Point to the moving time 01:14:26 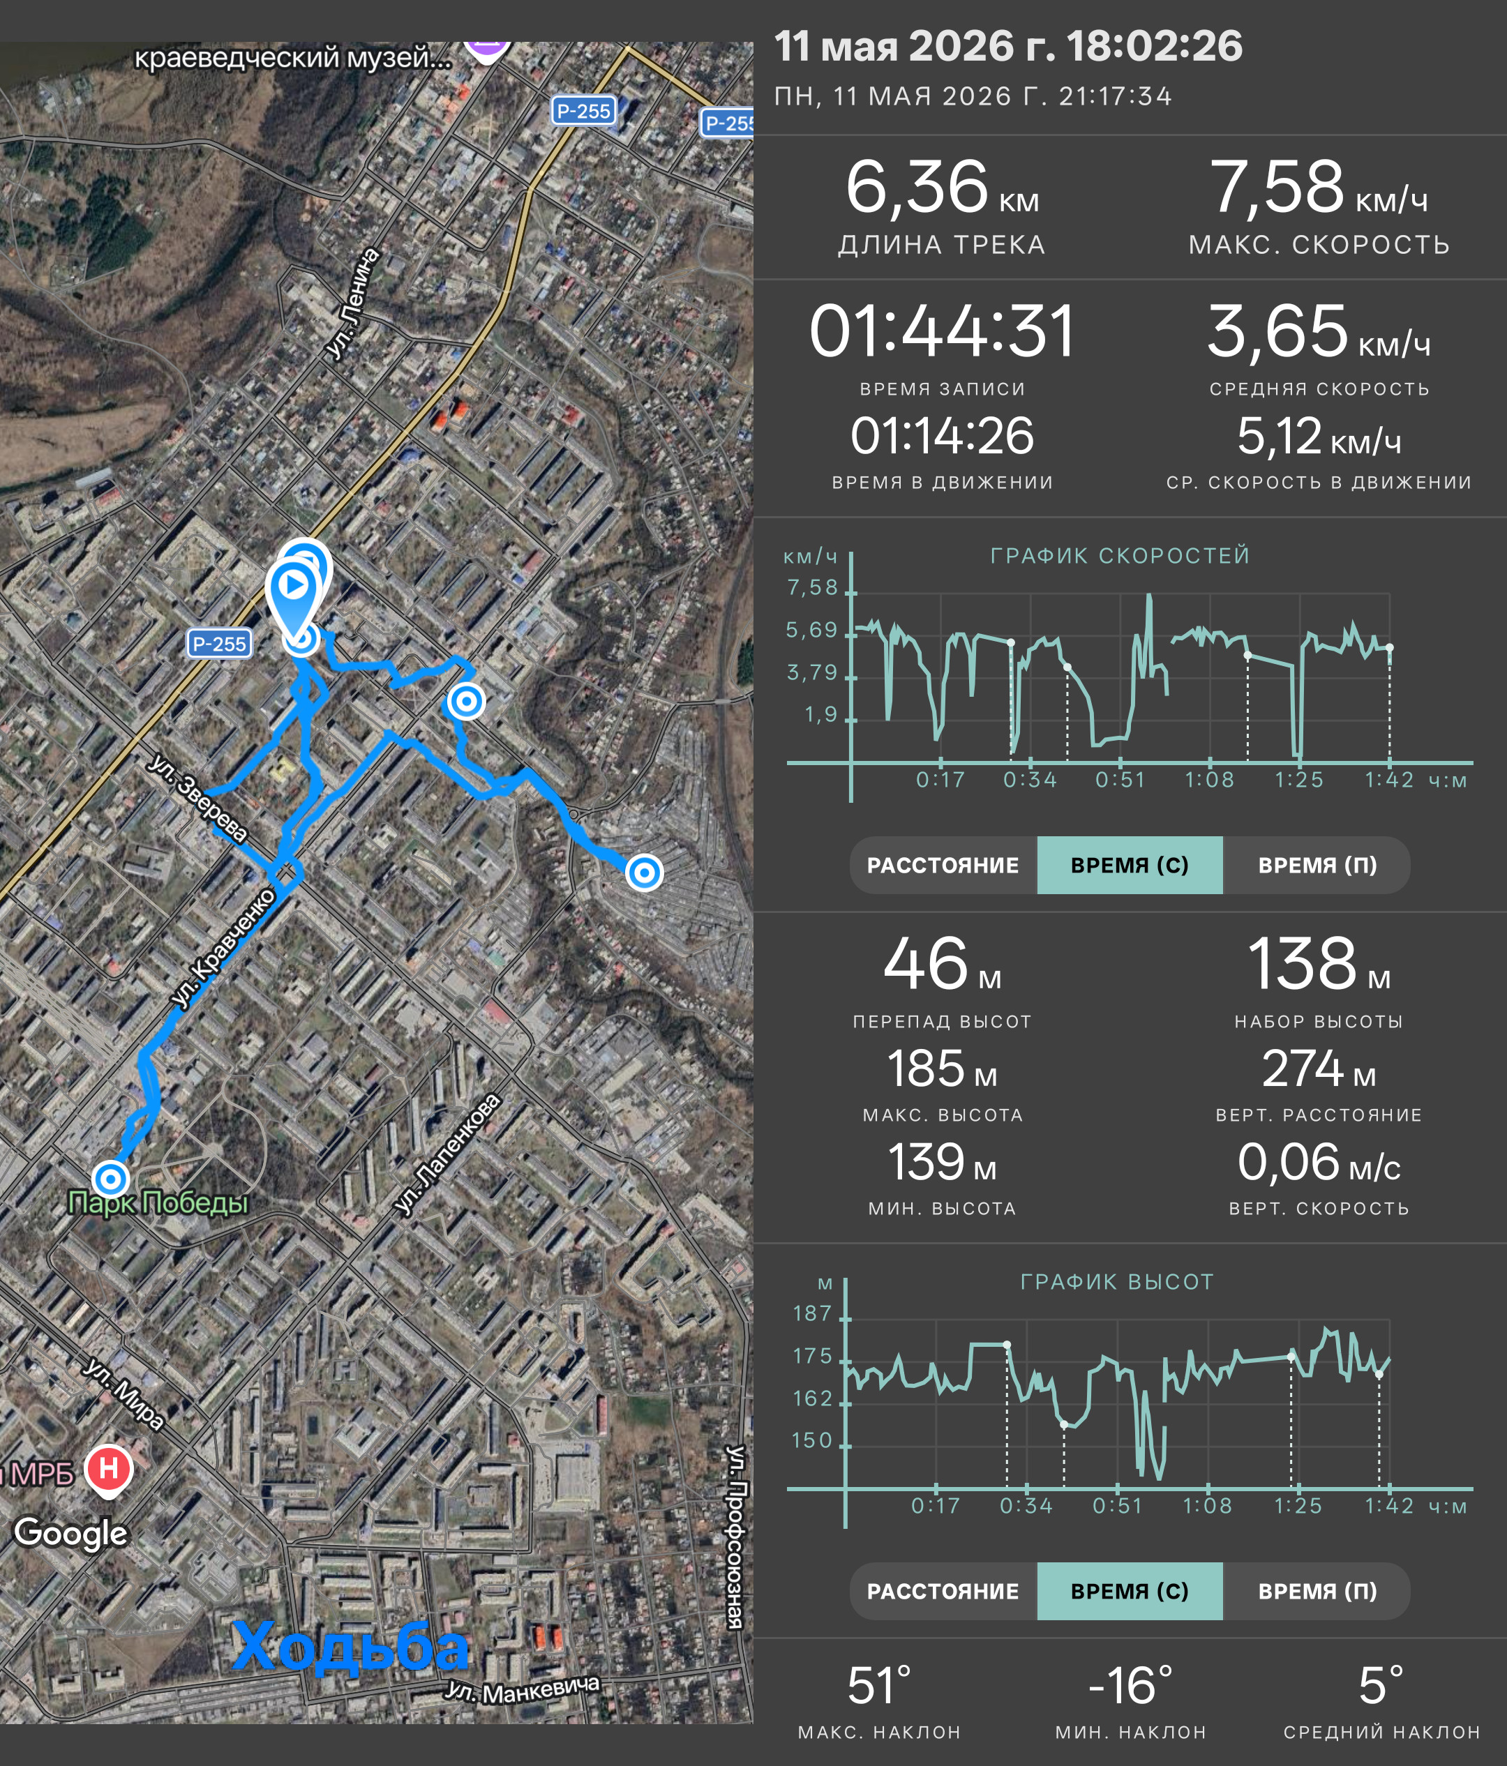(942, 437)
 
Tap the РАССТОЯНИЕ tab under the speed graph (943, 865)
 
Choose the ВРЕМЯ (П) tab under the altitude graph (1317, 1591)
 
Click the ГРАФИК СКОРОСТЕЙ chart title (1120, 556)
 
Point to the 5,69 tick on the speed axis (811, 630)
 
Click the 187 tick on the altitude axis (812, 1313)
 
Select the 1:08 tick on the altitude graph (1207, 1506)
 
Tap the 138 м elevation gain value (1319, 964)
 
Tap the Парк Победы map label (158, 1202)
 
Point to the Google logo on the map (70, 1533)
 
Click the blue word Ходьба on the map (350, 1647)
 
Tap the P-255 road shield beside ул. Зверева (219, 644)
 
